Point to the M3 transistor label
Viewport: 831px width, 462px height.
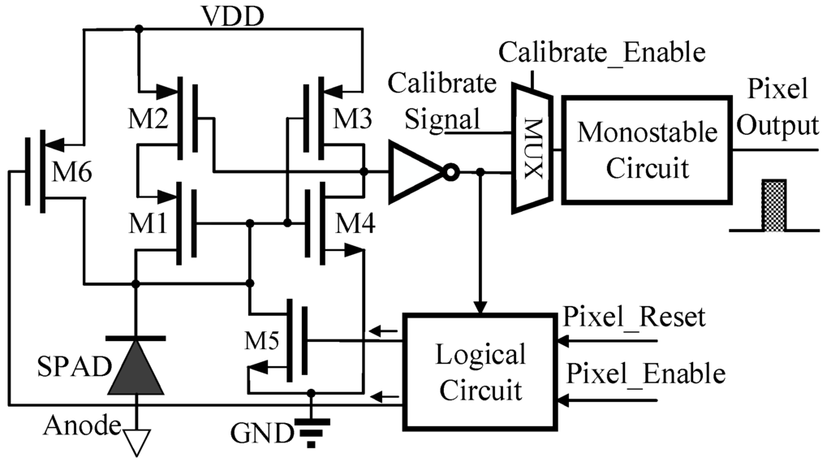pos(353,119)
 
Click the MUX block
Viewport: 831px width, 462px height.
pos(532,151)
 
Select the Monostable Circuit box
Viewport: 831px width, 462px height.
pos(646,149)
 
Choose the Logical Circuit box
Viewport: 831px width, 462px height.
pos(480,373)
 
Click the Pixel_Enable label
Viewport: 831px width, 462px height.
pos(645,373)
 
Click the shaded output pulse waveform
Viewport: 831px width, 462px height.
pos(773,206)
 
